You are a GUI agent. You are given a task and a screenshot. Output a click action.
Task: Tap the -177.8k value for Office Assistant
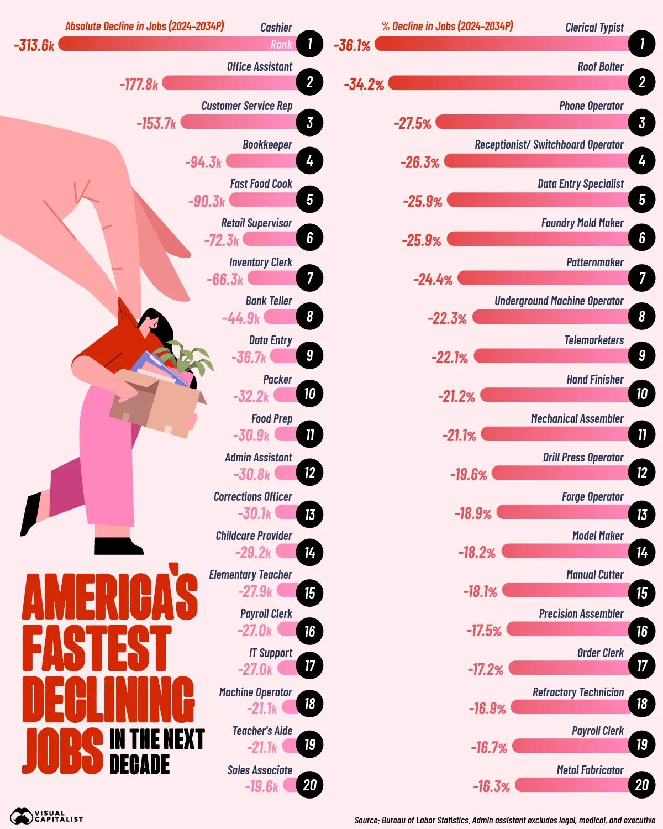[x=139, y=84]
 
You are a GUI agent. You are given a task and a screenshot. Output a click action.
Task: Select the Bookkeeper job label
[x=267, y=145]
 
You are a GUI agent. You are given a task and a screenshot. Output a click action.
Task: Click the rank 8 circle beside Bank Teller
[x=309, y=317]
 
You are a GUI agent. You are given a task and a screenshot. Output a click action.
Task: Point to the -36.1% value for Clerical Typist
[x=352, y=45]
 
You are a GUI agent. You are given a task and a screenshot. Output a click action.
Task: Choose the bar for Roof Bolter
[x=508, y=83]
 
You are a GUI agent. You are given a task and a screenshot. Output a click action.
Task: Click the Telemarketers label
[x=594, y=340]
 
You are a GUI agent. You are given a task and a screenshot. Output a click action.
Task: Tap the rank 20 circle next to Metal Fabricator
[x=641, y=785]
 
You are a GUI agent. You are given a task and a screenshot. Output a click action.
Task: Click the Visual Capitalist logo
[x=46, y=816]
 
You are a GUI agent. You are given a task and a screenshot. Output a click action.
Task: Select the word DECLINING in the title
[x=108, y=699]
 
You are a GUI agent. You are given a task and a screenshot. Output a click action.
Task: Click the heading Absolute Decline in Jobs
[x=144, y=27]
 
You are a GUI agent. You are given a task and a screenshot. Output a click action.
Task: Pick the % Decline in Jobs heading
[x=447, y=27]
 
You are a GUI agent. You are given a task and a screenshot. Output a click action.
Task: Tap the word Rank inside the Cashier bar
[x=281, y=45]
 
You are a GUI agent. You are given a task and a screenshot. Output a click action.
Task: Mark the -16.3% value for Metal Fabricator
[x=491, y=786]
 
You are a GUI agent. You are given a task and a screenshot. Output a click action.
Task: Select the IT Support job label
[x=270, y=653]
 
